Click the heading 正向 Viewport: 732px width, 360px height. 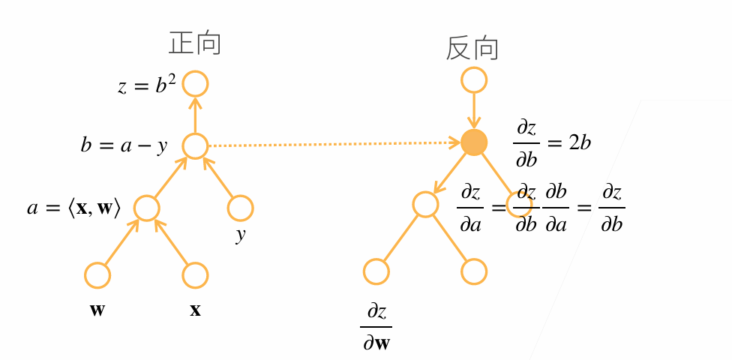(195, 44)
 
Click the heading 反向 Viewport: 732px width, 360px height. (473, 48)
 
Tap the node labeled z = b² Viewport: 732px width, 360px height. (195, 84)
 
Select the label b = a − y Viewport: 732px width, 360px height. (124, 145)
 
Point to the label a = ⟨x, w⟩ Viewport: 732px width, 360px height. (74, 208)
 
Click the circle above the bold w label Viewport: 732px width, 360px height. (97, 275)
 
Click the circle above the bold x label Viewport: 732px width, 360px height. (195, 275)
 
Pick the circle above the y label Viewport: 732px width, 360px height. (241, 208)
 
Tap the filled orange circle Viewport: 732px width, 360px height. (474, 142)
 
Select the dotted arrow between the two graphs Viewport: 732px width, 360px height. (334, 144)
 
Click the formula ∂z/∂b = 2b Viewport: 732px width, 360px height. (552, 144)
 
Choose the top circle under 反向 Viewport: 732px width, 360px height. (474, 80)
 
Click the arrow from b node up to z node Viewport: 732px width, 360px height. (195, 115)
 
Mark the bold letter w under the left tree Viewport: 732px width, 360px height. (97, 310)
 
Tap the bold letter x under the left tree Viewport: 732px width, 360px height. (195, 310)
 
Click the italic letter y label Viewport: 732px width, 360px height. (240, 236)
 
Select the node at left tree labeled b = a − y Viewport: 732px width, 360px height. (195, 145)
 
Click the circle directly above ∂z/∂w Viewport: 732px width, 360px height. (376, 271)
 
